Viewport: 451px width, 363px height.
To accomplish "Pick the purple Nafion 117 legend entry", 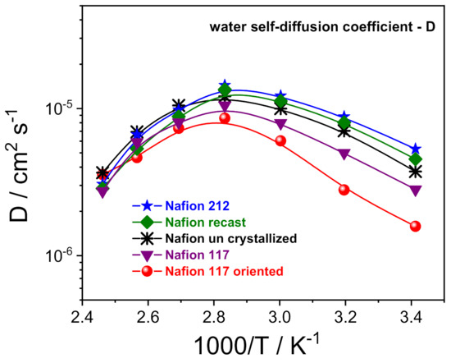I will [174, 255].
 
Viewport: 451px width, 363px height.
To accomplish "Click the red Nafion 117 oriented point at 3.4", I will [415, 226].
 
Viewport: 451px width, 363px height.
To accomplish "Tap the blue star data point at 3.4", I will [416, 149].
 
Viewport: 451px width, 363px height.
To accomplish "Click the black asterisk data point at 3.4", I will [416, 172].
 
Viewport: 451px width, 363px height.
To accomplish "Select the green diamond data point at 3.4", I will [416, 159].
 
